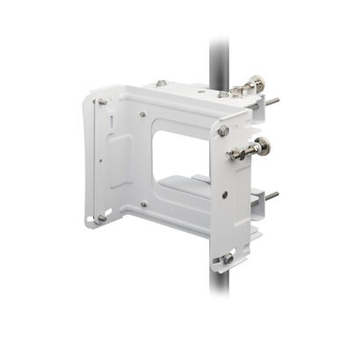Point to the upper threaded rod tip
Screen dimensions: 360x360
(275, 101)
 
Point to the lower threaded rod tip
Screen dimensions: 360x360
(274, 195)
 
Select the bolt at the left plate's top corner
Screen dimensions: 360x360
(103, 103)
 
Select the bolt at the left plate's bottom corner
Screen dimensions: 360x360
(102, 217)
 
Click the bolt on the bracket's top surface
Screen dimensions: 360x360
(160, 83)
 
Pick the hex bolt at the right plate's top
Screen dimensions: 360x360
(224, 131)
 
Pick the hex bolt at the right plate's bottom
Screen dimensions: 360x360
(227, 258)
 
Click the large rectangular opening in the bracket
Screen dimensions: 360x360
(182, 149)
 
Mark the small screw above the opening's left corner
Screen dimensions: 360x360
(143, 113)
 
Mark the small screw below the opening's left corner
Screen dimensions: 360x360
(143, 205)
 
